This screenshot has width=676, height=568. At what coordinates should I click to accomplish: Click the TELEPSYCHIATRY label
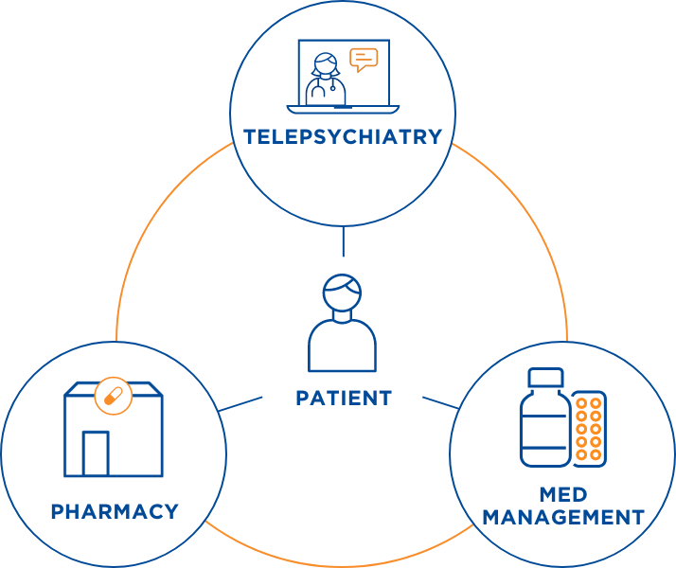click(342, 136)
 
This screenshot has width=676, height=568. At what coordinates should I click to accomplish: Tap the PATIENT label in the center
click(343, 398)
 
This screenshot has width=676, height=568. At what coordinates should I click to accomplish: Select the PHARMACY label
click(115, 511)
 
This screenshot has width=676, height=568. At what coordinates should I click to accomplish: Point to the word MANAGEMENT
click(562, 518)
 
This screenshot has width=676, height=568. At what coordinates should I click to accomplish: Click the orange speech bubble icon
click(363, 60)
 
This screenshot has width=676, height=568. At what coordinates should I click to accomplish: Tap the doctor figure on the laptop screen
click(326, 79)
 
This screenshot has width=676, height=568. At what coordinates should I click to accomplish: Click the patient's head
click(342, 293)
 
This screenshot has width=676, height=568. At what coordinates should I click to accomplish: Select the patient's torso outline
click(342, 346)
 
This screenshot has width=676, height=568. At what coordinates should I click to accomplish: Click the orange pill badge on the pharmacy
click(112, 396)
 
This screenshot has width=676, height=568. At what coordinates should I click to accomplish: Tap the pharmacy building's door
click(96, 453)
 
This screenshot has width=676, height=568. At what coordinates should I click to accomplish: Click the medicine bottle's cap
click(544, 377)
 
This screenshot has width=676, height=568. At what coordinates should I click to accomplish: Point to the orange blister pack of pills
click(590, 428)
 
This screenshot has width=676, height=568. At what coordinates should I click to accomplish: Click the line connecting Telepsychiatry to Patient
click(343, 243)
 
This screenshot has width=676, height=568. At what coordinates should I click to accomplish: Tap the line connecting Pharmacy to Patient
click(240, 404)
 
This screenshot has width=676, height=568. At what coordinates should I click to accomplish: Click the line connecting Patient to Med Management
click(439, 402)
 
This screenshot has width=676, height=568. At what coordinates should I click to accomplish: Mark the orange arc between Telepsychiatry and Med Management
click(535, 218)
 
